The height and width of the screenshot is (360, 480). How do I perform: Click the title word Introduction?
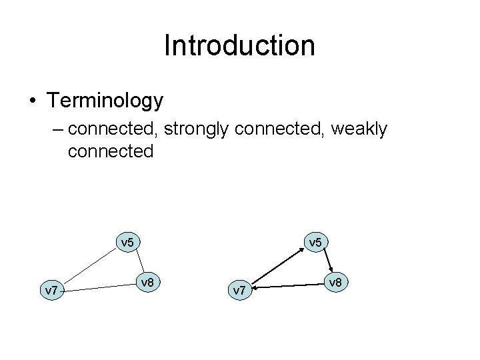[239, 46]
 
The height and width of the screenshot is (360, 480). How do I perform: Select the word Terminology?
[105, 101]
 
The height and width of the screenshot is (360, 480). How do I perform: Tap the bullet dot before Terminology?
[33, 101]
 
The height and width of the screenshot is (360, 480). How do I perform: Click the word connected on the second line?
[111, 151]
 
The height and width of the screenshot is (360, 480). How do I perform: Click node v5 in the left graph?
[127, 241]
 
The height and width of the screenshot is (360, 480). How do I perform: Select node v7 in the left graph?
[49, 290]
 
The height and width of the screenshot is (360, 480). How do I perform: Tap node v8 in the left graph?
[148, 283]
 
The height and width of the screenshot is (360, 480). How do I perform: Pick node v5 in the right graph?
[315, 241]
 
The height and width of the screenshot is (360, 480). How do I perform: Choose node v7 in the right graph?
[238, 290]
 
